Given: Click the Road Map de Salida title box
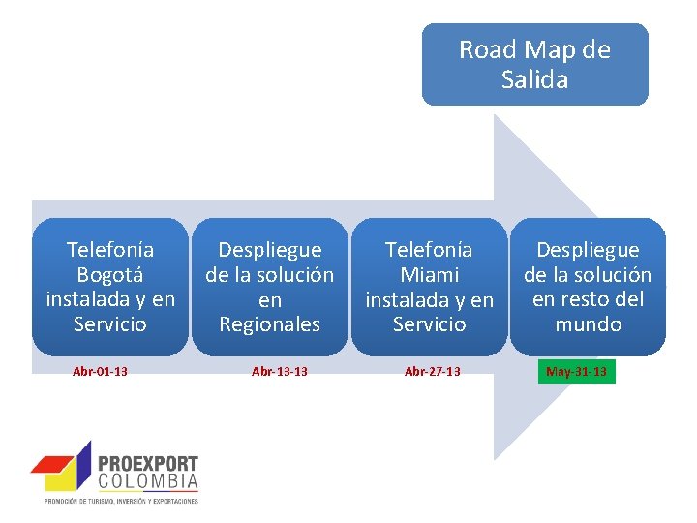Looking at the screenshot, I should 534,64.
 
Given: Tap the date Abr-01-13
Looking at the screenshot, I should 101,372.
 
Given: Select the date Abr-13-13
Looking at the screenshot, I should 280,372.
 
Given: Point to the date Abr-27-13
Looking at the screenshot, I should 433,372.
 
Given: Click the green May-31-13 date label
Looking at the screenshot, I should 577,372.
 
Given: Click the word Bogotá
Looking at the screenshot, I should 110,275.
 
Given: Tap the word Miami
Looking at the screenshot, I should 429,275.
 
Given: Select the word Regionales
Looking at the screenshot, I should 269,324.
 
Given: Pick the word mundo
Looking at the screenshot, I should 588,324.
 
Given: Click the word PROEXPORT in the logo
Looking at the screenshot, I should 148,465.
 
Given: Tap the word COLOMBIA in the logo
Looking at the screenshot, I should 148,481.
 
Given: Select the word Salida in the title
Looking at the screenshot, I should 534,79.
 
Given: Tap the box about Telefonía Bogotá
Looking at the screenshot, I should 110,287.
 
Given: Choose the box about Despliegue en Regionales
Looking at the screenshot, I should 269,287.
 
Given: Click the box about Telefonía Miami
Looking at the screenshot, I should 429,287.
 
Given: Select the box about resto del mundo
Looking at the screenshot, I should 588,287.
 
